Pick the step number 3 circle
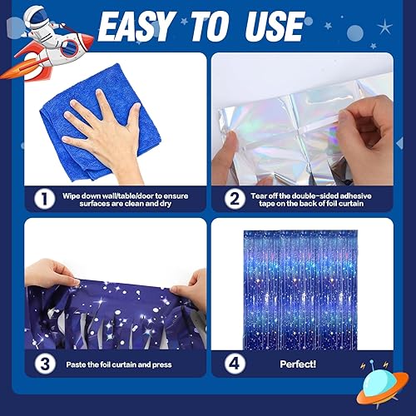(x=36, y=363)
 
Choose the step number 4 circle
(x=236, y=363)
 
